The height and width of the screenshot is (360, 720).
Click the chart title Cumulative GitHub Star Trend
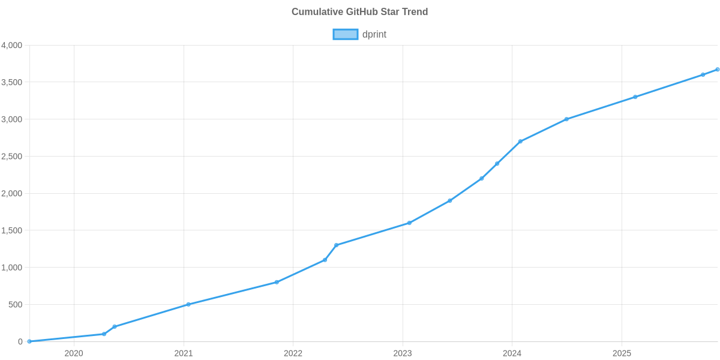(x=359, y=11)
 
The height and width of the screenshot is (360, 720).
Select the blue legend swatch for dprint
(x=345, y=34)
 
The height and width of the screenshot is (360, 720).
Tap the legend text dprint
(x=374, y=34)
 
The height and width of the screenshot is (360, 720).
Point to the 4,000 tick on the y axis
(x=12, y=46)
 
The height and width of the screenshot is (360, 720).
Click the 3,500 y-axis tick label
(x=12, y=82)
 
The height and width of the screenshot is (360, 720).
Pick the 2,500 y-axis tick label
(x=12, y=157)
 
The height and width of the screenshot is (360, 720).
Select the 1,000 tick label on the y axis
(x=12, y=268)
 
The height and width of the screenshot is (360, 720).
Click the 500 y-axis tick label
(x=16, y=305)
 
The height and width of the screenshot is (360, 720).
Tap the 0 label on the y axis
(x=20, y=341)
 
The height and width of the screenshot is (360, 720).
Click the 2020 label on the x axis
(x=73, y=353)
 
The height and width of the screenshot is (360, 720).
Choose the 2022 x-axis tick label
(x=293, y=353)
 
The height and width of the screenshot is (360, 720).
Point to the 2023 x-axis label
(x=403, y=353)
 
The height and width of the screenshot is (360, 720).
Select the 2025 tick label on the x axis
(x=622, y=353)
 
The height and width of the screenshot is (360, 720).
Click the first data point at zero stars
(x=29, y=341)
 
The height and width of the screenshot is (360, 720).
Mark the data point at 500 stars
(x=188, y=304)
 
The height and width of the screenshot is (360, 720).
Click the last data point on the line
(x=717, y=70)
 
